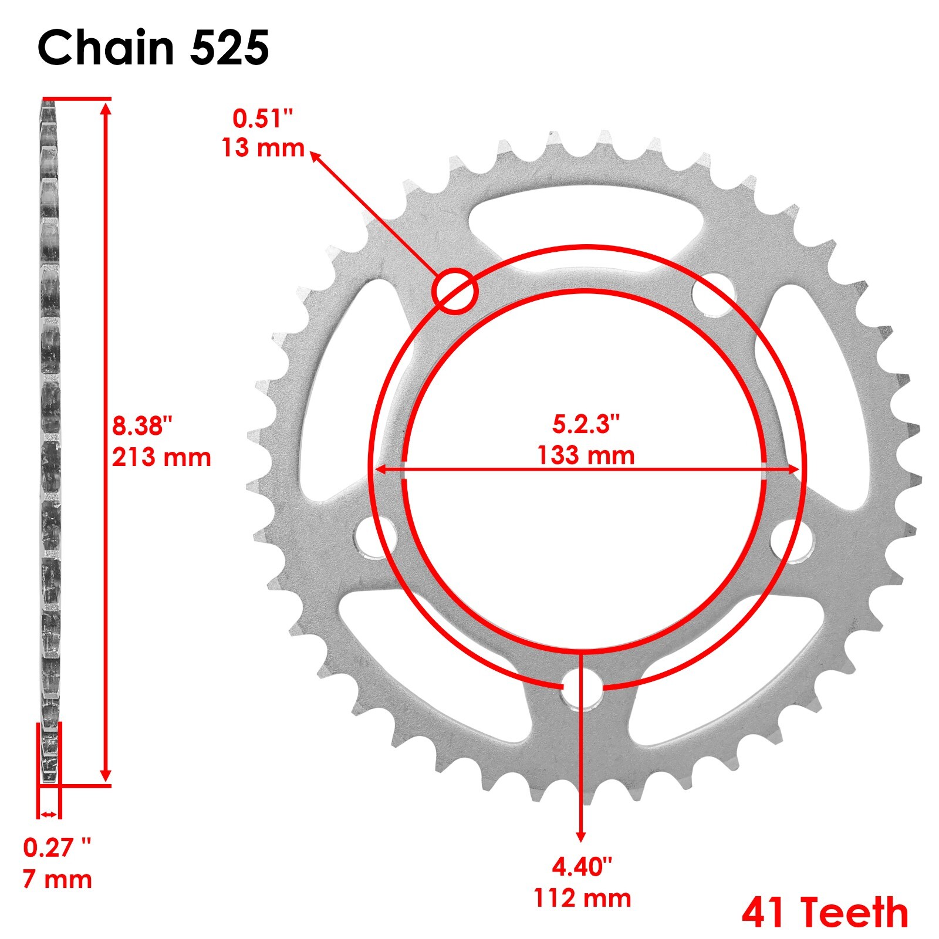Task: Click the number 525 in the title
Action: click(229, 48)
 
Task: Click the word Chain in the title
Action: click(106, 48)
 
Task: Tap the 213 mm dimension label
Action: click(161, 457)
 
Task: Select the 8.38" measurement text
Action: click(143, 425)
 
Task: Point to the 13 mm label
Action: click(263, 147)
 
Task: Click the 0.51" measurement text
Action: click(262, 119)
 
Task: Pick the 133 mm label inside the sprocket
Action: click(586, 455)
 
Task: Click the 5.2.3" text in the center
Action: click(586, 424)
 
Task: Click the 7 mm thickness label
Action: click(58, 879)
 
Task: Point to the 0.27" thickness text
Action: click(58, 847)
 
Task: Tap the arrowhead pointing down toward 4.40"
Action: click(581, 836)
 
